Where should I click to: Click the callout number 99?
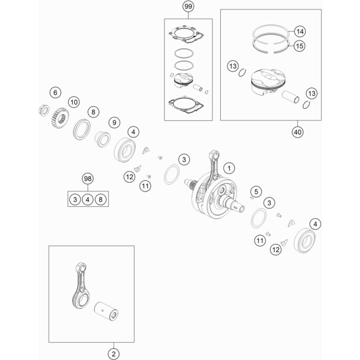coord(188,6)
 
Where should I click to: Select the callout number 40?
coord(297,132)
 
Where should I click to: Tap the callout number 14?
coord(300,31)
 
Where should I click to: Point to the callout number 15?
coord(299,46)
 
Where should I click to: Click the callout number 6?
coord(55,93)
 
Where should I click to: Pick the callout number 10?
coord(74,102)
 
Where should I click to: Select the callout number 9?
coord(114,122)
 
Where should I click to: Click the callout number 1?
coord(229,168)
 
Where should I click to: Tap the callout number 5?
coord(256,192)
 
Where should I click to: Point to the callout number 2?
coord(114,354)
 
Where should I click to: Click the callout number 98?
coord(88,179)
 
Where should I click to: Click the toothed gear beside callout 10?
coord(60,118)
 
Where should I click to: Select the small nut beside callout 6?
coord(44,110)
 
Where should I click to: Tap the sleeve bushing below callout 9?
coord(103,139)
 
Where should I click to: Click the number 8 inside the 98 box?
coord(100,199)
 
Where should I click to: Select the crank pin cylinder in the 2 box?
coord(106,311)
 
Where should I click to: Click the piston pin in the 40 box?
coord(291,97)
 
